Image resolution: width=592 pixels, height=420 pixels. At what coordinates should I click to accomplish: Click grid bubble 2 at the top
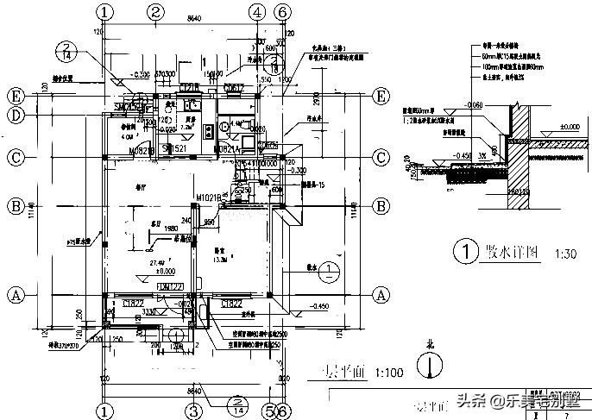tap(155, 11)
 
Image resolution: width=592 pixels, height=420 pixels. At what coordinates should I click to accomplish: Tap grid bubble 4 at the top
tap(257, 11)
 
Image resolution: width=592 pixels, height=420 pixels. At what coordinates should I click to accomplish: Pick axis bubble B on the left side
tap(15, 206)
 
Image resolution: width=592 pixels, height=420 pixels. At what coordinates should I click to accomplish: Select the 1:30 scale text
tap(565, 254)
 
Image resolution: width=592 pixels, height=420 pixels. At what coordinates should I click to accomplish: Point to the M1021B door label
tap(210, 197)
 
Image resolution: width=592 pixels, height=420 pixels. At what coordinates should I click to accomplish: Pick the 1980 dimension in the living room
tap(169, 229)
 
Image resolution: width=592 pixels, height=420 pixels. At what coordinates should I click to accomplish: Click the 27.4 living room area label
tap(157, 262)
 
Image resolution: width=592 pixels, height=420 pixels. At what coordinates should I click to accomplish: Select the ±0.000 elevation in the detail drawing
tap(568, 127)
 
